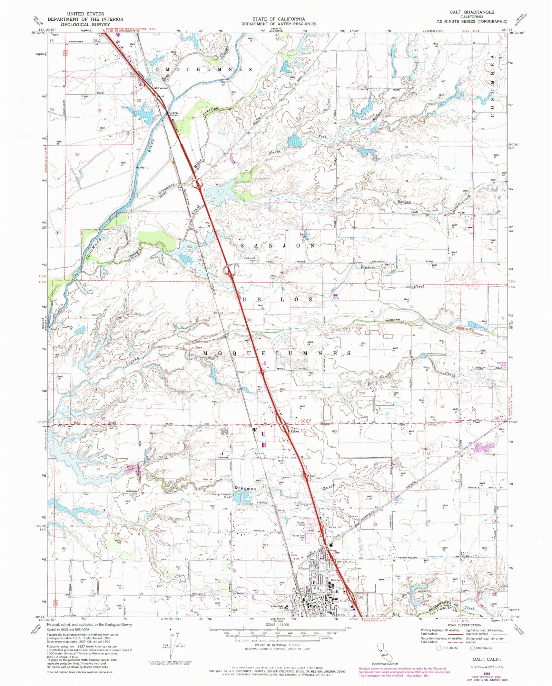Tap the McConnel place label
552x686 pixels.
[160, 88]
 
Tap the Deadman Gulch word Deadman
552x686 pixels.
[246, 488]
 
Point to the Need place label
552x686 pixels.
[242, 372]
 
